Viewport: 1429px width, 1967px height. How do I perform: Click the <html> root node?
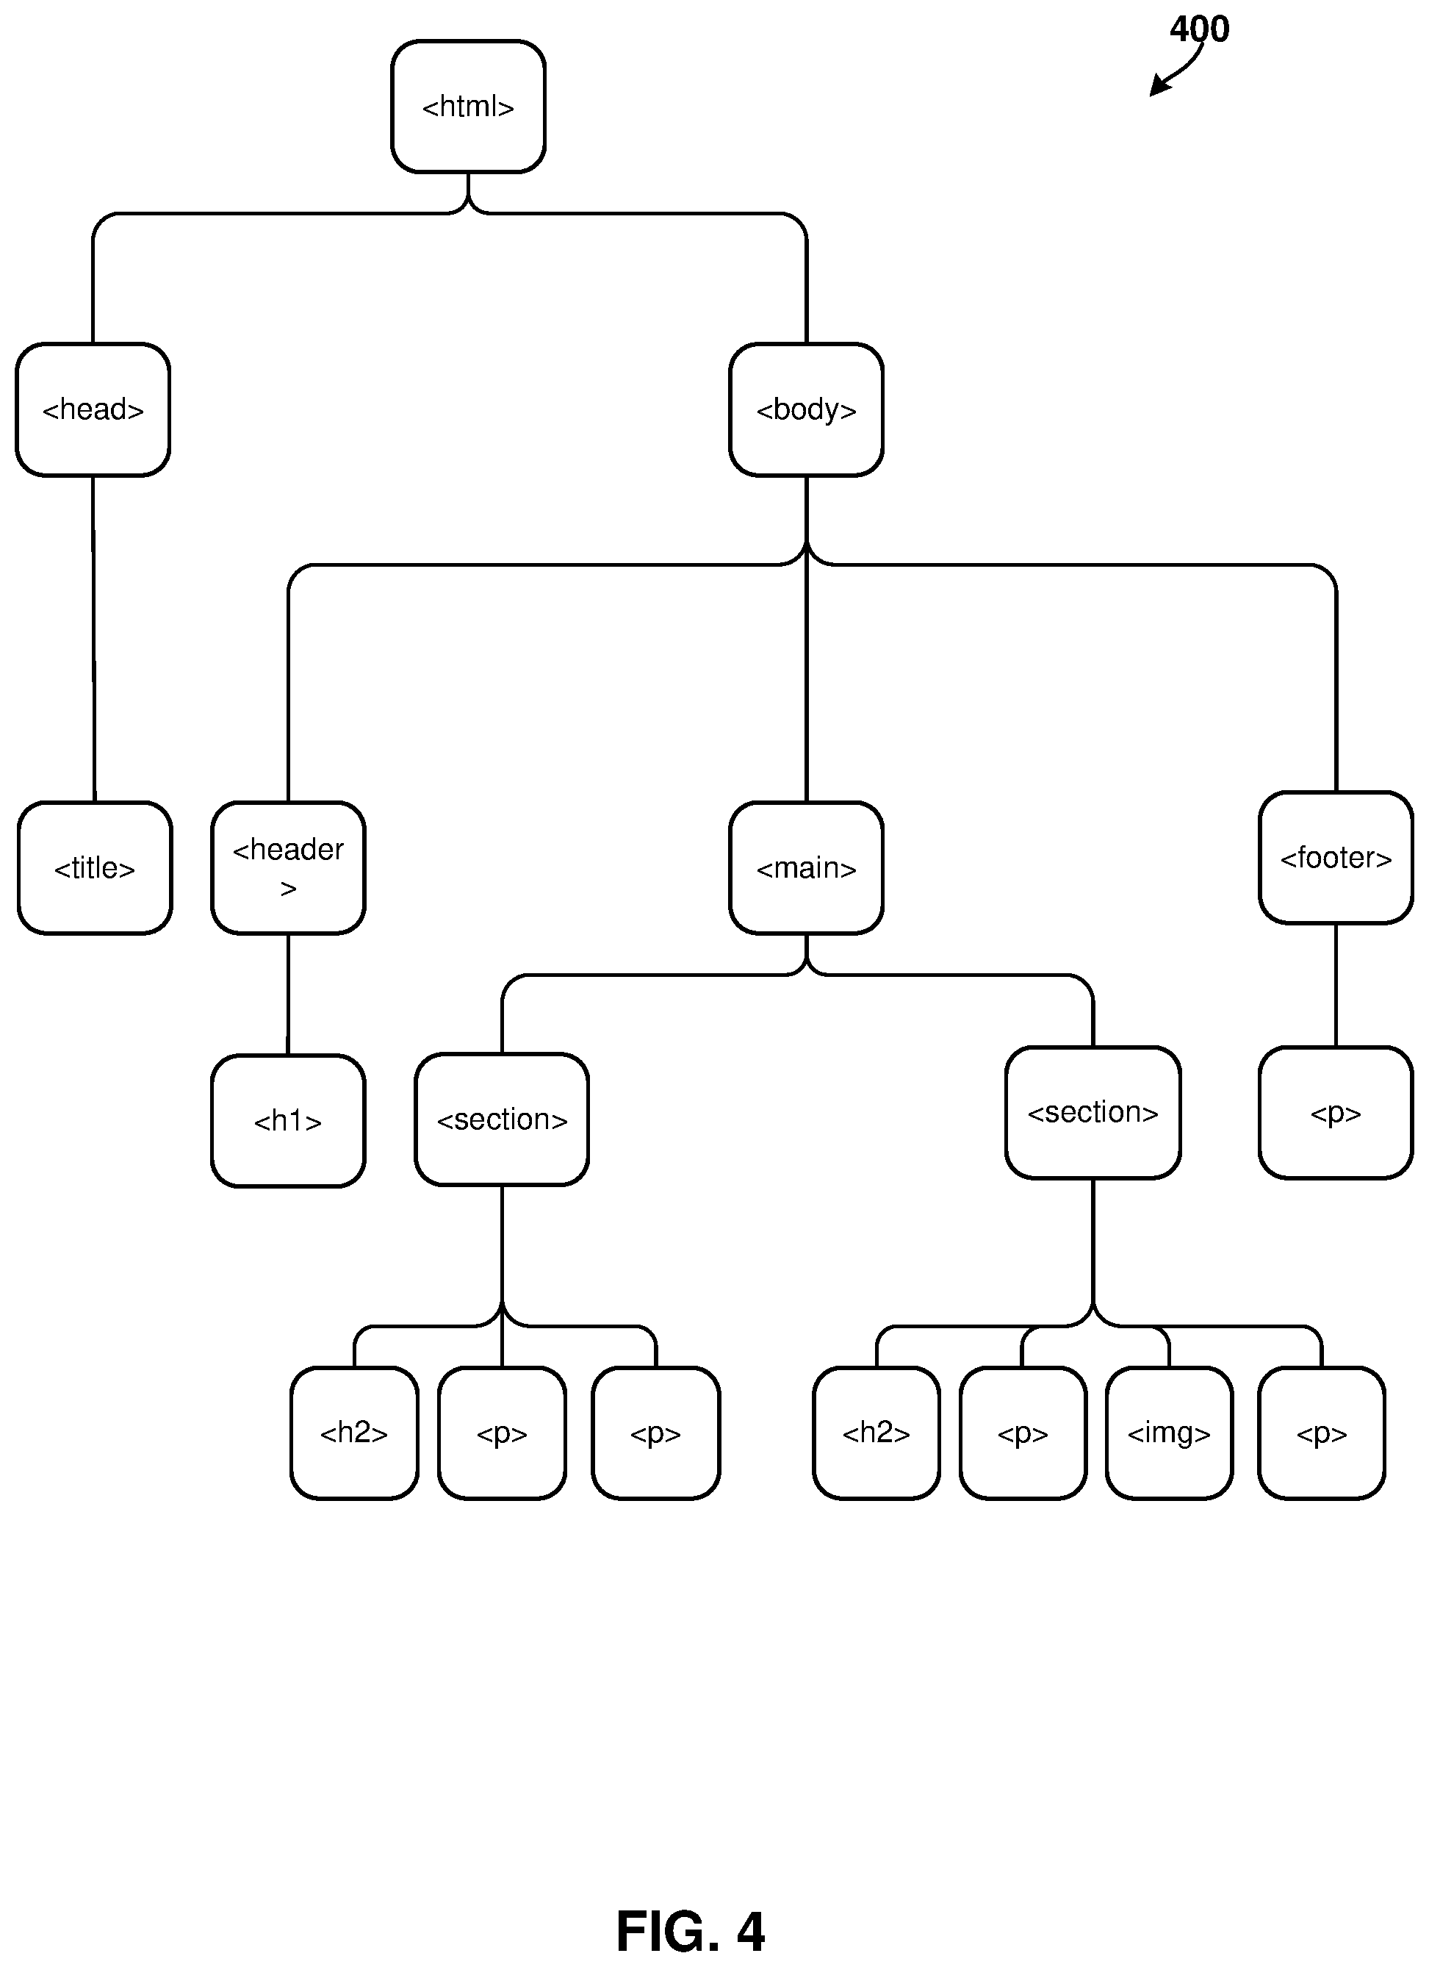click(468, 107)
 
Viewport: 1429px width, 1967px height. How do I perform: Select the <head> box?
click(93, 409)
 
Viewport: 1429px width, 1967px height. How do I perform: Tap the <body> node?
click(807, 409)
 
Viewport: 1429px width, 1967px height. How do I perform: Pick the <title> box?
click(95, 867)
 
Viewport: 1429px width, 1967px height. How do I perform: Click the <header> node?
click(288, 867)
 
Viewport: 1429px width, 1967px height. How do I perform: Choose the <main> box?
click(807, 867)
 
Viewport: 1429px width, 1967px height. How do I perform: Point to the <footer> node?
click(1336, 858)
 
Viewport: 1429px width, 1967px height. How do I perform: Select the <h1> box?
click(288, 1120)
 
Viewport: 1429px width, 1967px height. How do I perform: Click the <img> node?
click(1169, 1433)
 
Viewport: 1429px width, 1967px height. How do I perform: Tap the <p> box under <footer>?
click(1336, 1113)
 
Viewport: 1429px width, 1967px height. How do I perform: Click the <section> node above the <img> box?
click(1093, 1113)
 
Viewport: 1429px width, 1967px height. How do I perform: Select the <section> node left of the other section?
click(502, 1119)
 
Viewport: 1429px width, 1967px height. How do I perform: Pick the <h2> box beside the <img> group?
click(877, 1433)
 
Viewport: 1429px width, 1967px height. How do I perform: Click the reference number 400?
click(1199, 29)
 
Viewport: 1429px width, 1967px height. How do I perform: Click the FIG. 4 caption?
click(690, 1930)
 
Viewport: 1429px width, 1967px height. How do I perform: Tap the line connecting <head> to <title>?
click(93, 638)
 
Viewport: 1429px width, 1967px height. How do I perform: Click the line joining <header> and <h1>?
click(288, 994)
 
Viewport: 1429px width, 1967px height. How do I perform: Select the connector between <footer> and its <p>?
click(1336, 985)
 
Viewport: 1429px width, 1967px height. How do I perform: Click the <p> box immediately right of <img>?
click(1322, 1433)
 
